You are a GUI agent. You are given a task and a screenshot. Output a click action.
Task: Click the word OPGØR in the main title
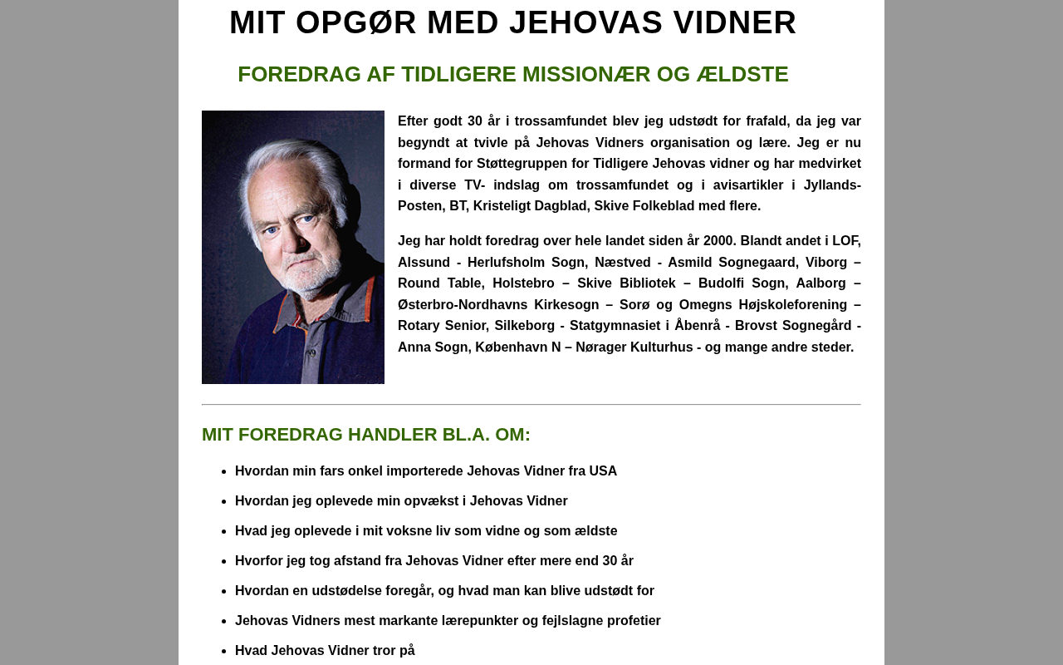355,22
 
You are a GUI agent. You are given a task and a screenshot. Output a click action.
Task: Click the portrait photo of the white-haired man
293,247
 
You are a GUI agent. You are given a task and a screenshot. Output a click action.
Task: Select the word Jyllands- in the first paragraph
832,185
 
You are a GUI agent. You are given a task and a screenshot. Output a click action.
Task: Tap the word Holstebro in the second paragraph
523,283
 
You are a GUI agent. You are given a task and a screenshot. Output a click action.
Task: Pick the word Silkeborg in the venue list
525,326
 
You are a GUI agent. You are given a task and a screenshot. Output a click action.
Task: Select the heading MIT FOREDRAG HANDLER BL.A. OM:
366,435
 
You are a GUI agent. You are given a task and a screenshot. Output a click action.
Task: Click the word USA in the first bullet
603,471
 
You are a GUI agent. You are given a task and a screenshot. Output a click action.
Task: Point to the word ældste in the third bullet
595,531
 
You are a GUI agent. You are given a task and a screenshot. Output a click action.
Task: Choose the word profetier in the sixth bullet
632,621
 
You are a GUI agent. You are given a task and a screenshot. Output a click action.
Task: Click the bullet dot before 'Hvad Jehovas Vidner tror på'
223,652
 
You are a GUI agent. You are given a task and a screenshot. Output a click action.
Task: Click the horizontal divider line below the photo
531,405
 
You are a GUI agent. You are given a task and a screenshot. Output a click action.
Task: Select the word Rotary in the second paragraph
420,326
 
